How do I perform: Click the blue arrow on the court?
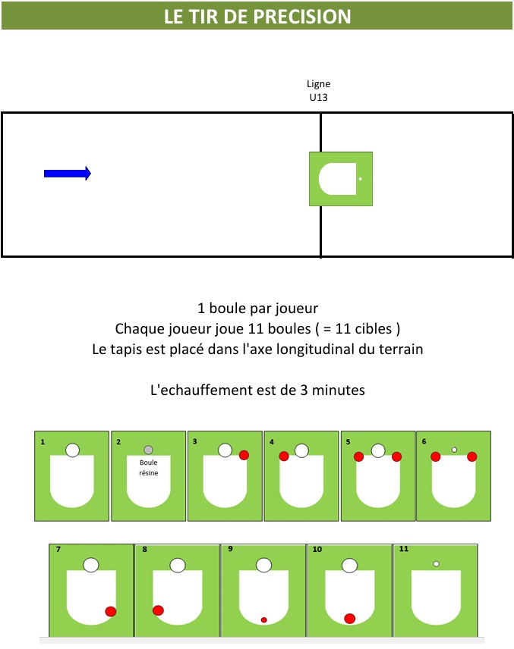click(x=67, y=174)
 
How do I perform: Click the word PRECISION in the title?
click(x=302, y=17)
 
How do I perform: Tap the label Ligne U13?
click(x=318, y=90)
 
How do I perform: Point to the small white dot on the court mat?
click(x=360, y=179)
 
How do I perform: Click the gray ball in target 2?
click(x=148, y=450)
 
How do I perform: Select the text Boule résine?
click(x=148, y=467)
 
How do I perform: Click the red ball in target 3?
click(x=244, y=455)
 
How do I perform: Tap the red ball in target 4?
click(x=284, y=456)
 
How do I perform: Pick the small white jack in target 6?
click(x=454, y=450)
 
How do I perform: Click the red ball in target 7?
click(x=111, y=611)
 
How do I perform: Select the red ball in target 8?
click(x=158, y=610)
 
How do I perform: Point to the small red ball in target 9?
click(x=263, y=619)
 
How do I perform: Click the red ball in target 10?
click(x=350, y=619)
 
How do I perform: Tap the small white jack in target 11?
click(x=436, y=564)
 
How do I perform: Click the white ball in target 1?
click(x=73, y=450)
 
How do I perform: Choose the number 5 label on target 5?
click(x=348, y=442)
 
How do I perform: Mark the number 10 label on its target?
click(x=317, y=549)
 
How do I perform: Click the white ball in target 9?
click(x=263, y=565)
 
